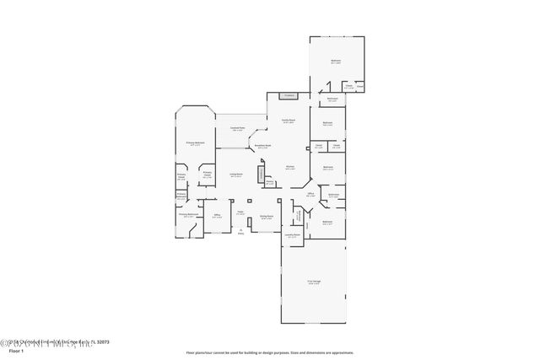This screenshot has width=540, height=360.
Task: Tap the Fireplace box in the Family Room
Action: click(289, 96)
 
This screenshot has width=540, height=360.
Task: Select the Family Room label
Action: click(287, 122)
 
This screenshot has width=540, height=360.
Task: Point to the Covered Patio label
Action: click(237, 129)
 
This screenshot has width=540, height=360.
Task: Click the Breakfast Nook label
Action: click(263, 146)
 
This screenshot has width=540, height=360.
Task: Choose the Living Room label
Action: click(235, 175)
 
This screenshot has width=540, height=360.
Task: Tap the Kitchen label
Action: click(289, 168)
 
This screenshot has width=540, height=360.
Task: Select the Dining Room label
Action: click(266, 217)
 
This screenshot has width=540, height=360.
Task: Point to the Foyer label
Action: click(240, 212)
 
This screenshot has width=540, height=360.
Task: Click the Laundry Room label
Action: click(292, 236)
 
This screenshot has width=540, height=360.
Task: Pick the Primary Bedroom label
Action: click(196, 144)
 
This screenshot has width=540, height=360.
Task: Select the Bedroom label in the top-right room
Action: click(336, 62)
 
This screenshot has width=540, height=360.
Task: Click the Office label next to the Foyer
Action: click(217, 215)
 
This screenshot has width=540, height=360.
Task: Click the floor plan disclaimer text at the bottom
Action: click(269, 352)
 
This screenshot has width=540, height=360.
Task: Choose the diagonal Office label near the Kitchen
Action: click(310, 194)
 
